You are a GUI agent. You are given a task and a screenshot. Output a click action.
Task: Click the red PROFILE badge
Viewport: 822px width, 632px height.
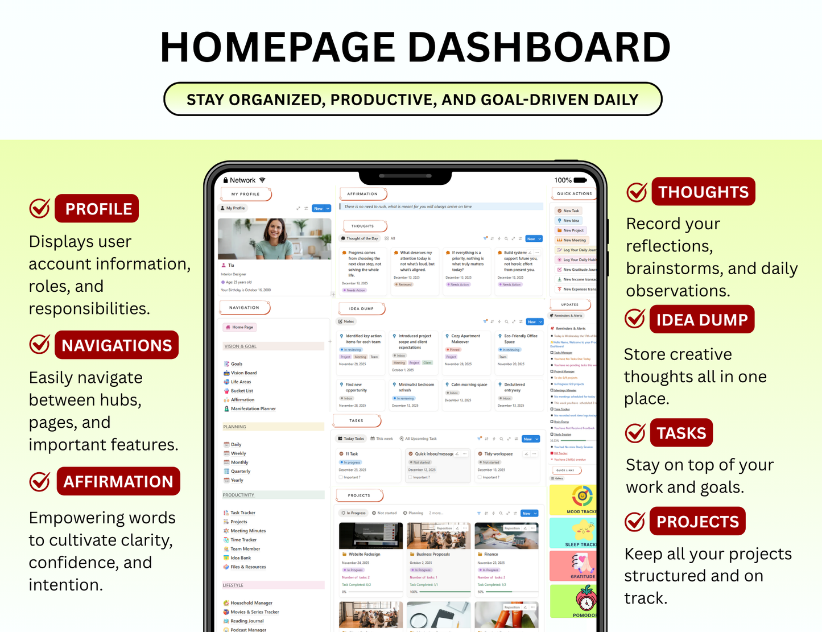click(x=97, y=209)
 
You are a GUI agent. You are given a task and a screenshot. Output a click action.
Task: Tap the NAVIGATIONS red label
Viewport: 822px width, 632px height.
click(x=117, y=345)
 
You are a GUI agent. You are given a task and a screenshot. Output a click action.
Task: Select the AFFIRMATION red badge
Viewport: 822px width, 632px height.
click(x=118, y=481)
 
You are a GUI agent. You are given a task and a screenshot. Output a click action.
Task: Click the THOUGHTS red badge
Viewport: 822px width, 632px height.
click(x=704, y=192)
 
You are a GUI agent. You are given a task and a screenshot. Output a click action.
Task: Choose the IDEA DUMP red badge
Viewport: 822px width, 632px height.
click(x=702, y=320)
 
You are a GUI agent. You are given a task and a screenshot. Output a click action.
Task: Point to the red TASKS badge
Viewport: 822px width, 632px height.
click(x=681, y=433)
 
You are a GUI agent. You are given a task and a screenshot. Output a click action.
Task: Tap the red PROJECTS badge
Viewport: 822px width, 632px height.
click(x=697, y=522)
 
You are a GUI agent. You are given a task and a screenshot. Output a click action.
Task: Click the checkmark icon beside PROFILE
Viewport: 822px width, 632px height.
click(x=40, y=209)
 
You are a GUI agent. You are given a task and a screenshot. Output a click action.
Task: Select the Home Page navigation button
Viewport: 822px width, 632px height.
click(x=240, y=327)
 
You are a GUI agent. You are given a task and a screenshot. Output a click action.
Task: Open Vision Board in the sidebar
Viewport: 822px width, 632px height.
click(x=243, y=373)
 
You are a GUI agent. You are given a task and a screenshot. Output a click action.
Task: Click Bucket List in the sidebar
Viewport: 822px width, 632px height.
click(x=242, y=391)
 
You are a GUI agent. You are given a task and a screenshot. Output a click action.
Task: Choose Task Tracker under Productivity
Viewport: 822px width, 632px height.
click(x=243, y=513)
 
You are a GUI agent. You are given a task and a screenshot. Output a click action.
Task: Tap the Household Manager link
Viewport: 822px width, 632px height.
click(x=251, y=603)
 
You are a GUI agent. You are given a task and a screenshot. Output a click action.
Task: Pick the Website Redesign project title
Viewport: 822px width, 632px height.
click(x=364, y=554)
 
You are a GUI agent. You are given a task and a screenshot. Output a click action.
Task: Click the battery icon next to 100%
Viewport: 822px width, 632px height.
click(x=580, y=180)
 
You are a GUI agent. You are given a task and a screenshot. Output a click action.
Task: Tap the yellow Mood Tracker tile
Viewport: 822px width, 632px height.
click(x=573, y=500)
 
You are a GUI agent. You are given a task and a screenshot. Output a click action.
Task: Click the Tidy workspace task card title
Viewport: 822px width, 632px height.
click(x=498, y=454)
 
